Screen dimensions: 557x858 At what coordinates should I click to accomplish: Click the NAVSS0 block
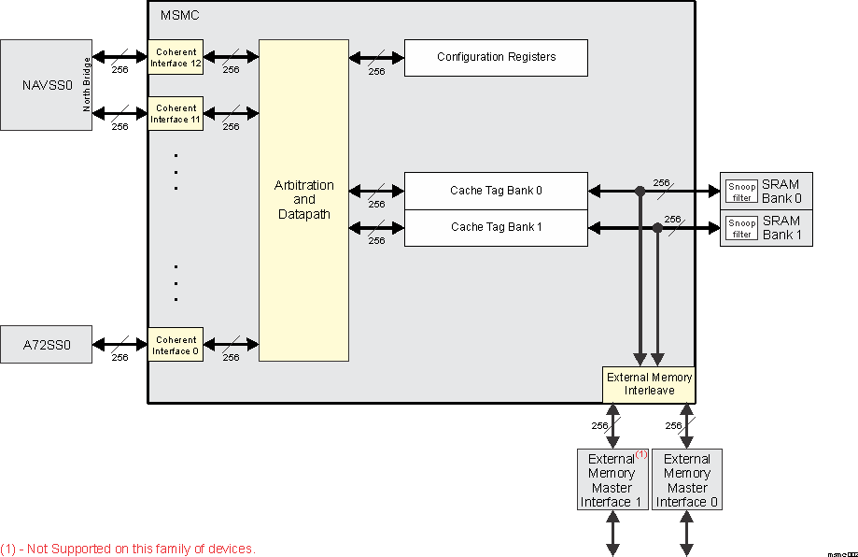coord(42,85)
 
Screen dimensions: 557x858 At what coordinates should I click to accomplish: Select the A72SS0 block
coord(47,344)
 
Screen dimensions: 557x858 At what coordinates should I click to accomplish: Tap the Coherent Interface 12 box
coord(176,57)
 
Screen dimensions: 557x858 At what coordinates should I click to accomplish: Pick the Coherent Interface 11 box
coord(176,113)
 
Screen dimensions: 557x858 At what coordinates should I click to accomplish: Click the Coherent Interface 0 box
coord(176,345)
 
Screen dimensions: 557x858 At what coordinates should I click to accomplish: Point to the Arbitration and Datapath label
coord(303,200)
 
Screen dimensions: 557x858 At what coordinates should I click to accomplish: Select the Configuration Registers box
coord(496,57)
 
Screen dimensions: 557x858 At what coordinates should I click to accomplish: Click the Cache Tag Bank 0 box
coord(496,191)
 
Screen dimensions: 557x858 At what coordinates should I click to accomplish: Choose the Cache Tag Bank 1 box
coord(496,227)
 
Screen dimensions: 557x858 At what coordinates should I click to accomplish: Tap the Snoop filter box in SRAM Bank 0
coord(741,191)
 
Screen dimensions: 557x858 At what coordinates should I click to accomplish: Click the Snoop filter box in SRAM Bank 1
coord(741,228)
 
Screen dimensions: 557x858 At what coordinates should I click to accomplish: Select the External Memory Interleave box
coord(649,384)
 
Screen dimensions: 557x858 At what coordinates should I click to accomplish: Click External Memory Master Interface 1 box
coord(612,479)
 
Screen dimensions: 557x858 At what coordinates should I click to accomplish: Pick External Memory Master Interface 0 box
coord(686,479)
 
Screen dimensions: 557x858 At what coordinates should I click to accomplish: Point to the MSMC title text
coord(179,16)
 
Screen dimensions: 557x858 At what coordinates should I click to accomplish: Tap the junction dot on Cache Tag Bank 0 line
coord(640,191)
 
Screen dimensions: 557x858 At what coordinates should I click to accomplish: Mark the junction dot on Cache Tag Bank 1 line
coord(657,227)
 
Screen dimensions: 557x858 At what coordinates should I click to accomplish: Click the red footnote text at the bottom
coord(128,549)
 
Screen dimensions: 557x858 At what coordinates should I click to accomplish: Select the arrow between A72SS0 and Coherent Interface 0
coord(120,344)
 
